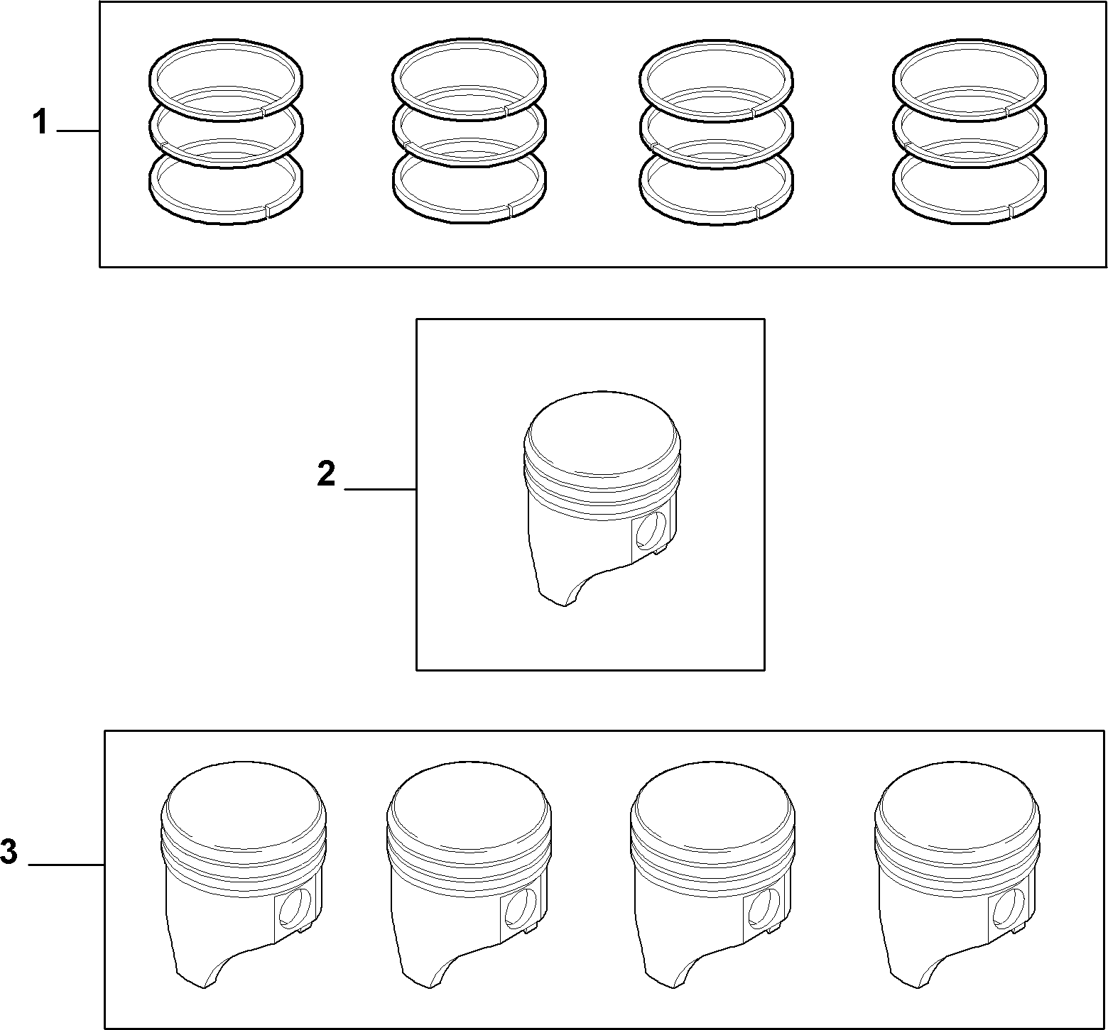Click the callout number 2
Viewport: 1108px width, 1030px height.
[326, 473]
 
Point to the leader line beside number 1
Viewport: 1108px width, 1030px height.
[78, 131]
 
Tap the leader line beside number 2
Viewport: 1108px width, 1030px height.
[381, 489]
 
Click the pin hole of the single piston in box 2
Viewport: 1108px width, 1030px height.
[651, 530]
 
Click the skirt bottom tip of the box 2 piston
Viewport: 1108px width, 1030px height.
[565, 605]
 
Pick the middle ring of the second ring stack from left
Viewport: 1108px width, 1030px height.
[469, 163]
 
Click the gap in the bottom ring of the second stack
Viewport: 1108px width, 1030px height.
[510, 208]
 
